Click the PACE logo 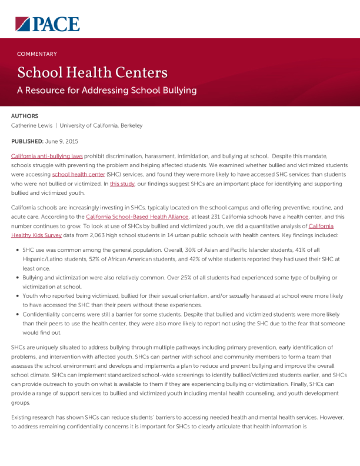[x=48, y=24]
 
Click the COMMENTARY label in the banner [x=37, y=54]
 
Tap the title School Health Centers [x=92, y=72]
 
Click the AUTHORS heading [x=25, y=116]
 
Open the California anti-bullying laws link [x=47, y=157]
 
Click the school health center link [x=76, y=175]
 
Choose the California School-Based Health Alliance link [x=137, y=217]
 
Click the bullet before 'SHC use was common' [x=16, y=250]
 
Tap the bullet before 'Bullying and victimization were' [x=16, y=277]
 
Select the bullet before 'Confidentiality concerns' [x=16, y=314]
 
